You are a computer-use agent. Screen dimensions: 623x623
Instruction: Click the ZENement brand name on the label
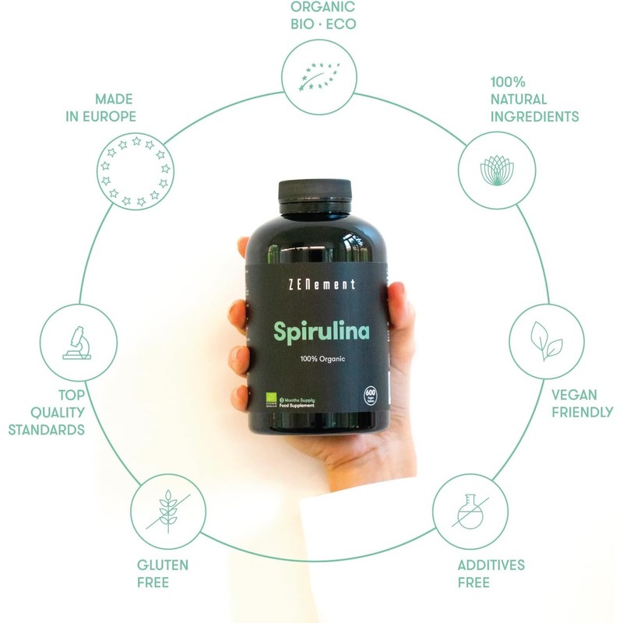[315, 284]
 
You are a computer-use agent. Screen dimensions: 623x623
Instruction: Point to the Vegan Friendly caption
[582, 403]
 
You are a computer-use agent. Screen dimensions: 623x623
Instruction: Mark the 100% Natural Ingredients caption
[534, 99]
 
